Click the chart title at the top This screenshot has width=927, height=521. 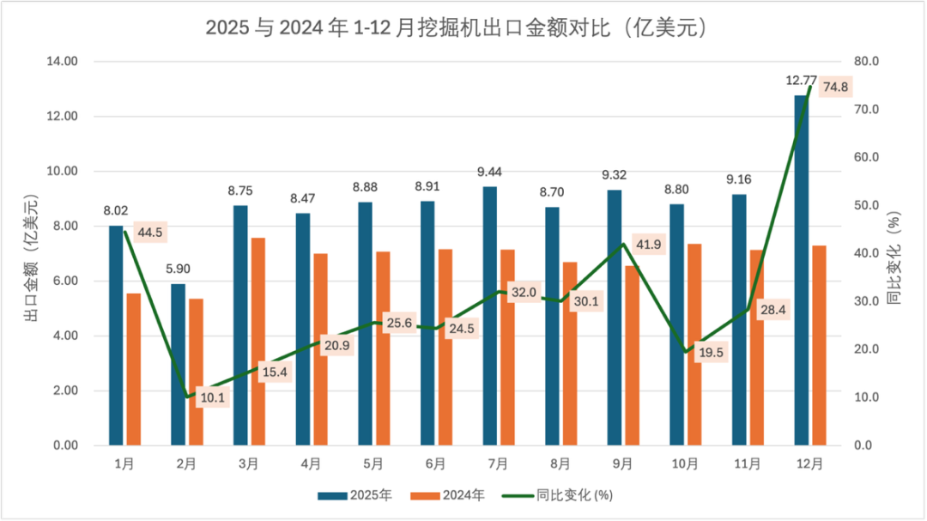pyautogui.click(x=463, y=27)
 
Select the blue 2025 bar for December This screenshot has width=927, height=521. pyautogui.click(x=801, y=275)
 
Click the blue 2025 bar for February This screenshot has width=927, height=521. pyautogui.click(x=178, y=365)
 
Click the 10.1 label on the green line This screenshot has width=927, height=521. pyautogui.click(x=212, y=397)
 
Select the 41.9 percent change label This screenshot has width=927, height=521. pyautogui.click(x=649, y=244)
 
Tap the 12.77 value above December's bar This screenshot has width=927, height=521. pyautogui.click(x=801, y=81)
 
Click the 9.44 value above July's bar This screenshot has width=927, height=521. pyautogui.click(x=489, y=172)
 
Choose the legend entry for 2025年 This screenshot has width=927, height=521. pyautogui.click(x=355, y=495)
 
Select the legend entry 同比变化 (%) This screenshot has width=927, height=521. pyautogui.click(x=559, y=495)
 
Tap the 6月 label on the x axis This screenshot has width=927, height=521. pyautogui.click(x=435, y=464)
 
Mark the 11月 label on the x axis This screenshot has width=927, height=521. pyautogui.click(x=747, y=464)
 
